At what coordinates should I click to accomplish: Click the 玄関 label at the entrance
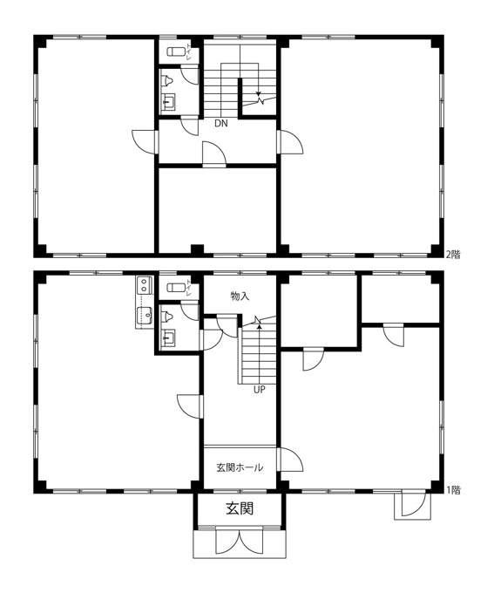(x=240, y=508)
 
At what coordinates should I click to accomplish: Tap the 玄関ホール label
(x=240, y=467)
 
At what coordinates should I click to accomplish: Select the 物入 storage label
(x=240, y=296)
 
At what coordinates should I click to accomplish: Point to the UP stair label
(x=260, y=390)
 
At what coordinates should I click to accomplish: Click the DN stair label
(x=221, y=123)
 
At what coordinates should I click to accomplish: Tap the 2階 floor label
(x=453, y=255)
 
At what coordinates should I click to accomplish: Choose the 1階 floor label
(x=453, y=490)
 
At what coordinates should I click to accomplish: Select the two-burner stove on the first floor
(x=144, y=285)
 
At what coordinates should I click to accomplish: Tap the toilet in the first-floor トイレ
(x=176, y=288)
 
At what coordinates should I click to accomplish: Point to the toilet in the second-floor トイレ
(x=176, y=51)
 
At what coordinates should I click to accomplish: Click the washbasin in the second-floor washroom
(x=168, y=103)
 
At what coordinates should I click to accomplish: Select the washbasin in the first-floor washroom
(x=168, y=337)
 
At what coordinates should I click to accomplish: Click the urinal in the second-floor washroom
(x=166, y=80)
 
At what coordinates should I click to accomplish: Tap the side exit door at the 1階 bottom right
(x=413, y=504)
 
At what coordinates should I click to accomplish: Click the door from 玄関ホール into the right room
(x=290, y=460)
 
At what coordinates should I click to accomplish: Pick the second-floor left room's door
(x=145, y=142)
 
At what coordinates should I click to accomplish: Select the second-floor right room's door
(x=290, y=142)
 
